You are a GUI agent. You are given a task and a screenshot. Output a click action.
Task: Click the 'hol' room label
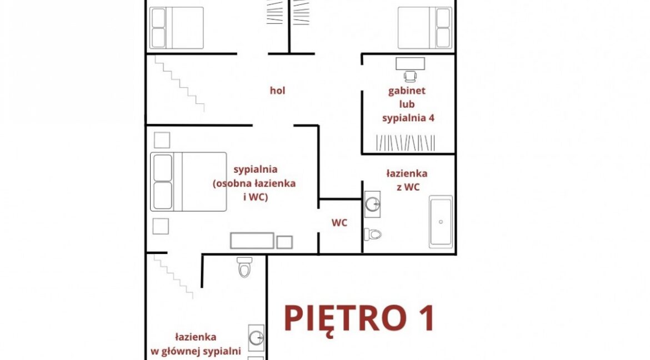tap(277, 91)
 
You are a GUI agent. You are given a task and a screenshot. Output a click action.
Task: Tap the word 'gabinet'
tap(407, 91)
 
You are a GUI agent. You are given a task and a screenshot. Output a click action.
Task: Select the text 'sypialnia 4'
tap(408, 118)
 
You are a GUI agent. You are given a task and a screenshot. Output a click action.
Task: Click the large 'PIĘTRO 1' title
tap(359, 318)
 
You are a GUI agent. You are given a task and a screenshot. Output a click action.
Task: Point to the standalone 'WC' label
tap(339, 223)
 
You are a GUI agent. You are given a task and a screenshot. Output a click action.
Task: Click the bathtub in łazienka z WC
tap(441, 222)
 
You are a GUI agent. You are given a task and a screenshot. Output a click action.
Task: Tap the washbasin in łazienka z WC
tap(372, 204)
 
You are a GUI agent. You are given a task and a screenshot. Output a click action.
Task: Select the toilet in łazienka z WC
tap(373, 234)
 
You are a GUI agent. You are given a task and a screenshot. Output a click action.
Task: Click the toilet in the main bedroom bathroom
tap(244, 267)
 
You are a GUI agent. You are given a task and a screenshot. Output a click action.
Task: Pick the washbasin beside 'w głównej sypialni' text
tap(256, 338)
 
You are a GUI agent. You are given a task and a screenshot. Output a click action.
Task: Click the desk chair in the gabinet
tap(410, 76)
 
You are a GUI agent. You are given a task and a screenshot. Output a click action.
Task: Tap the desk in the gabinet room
tap(410, 63)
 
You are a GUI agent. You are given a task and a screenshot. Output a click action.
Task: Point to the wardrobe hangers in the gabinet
tap(406, 143)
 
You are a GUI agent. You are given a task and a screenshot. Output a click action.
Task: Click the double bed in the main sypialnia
tap(189, 182)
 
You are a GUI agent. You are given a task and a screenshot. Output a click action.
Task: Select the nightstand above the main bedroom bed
tap(162, 140)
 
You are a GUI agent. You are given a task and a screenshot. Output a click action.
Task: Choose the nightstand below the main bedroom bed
tap(161, 227)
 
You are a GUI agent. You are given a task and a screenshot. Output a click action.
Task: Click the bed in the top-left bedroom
tap(177, 28)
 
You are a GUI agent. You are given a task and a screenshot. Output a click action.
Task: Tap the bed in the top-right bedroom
tap(425, 28)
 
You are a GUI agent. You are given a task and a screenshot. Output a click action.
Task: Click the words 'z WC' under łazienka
tap(408, 187)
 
